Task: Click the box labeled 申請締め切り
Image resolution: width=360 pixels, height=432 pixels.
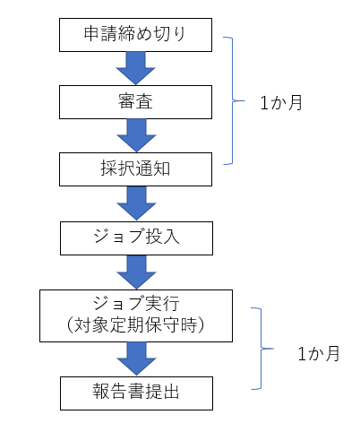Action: (137, 36)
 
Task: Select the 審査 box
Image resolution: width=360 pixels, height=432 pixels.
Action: (137, 101)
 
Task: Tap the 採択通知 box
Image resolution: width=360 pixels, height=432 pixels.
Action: (137, 168)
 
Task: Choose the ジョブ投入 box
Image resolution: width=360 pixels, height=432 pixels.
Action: (137, 238)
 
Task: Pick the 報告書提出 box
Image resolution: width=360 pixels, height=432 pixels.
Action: (137, 392)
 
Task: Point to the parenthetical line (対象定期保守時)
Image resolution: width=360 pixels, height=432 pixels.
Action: (137, 324)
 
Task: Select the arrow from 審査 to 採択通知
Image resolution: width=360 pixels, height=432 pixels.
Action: (137, 134)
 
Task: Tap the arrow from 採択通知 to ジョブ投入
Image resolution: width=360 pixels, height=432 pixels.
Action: (137, 203)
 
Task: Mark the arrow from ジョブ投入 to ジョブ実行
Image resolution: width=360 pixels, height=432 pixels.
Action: (137, 272)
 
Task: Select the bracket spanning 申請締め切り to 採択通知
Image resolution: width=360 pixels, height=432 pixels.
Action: (236, 100)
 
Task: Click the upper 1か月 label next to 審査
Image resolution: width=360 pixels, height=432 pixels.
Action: (282, 102)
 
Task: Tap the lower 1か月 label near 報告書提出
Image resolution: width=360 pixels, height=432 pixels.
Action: (318, 354)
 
